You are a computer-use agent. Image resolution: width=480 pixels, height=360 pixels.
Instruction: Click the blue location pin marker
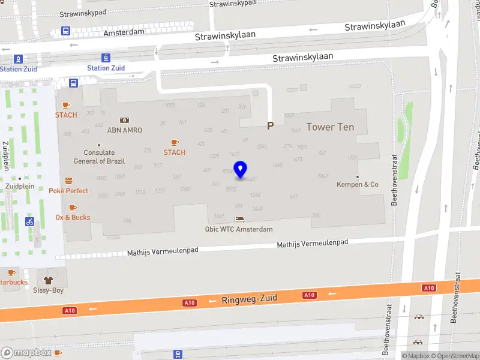pos(240,170)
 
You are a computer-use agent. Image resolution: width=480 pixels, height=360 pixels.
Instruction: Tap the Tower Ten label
pos(330,127)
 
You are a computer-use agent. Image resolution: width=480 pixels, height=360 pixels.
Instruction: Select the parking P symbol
pos(270,125)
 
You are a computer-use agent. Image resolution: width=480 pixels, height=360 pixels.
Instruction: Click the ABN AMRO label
pos(124,130)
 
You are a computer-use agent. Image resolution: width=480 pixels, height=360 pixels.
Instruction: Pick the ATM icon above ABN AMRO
pos(124,120)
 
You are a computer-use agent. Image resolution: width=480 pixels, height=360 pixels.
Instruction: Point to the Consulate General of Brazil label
pos(99,157)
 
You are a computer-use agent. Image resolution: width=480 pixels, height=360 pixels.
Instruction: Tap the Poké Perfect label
pos(68,191)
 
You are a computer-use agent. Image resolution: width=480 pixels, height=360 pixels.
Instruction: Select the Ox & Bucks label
pos(73,217)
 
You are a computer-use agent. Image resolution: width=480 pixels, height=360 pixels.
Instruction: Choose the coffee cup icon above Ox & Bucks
pos(73,208)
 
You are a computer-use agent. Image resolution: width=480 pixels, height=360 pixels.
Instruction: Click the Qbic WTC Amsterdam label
pos(239,229)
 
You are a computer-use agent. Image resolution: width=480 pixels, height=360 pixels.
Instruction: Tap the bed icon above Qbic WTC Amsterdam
pos(239,220)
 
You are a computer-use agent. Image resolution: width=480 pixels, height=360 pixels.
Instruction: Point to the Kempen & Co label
pos(358,184)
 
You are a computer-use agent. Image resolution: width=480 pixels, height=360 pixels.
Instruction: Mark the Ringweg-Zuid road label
pos(249,299)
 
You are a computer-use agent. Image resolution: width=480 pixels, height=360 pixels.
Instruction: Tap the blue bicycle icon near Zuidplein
pos(29,221)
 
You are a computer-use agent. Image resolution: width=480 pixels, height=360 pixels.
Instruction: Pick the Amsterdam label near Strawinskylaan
pos(124,32)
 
